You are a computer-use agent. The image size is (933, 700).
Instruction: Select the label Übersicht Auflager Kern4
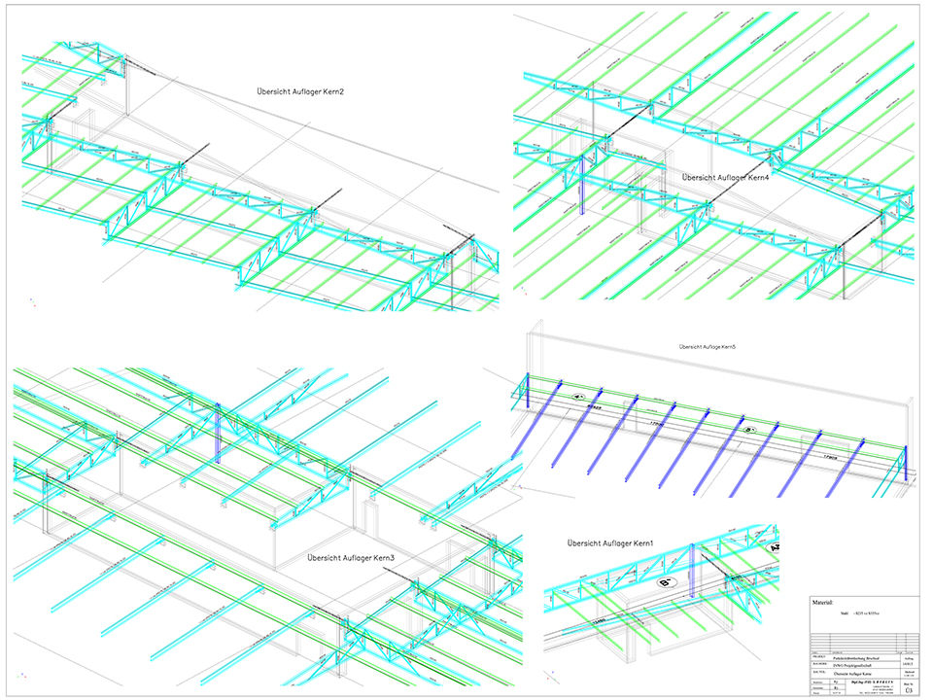pyautogui.click(x=725, y=178)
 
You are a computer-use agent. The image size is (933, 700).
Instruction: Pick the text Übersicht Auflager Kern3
pyautogui.click(x=351, y=558)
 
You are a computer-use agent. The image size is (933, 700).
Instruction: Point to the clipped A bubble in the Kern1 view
pyautogui.click(x=775, y=549)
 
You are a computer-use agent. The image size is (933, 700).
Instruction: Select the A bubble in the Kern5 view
pyautogui.click(x=577, y=397)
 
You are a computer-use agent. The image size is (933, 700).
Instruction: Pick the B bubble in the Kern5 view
pyautogui.click(x=749, y=429)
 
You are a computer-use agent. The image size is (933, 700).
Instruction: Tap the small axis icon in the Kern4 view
pyautogui.click(x=519, y=292)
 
